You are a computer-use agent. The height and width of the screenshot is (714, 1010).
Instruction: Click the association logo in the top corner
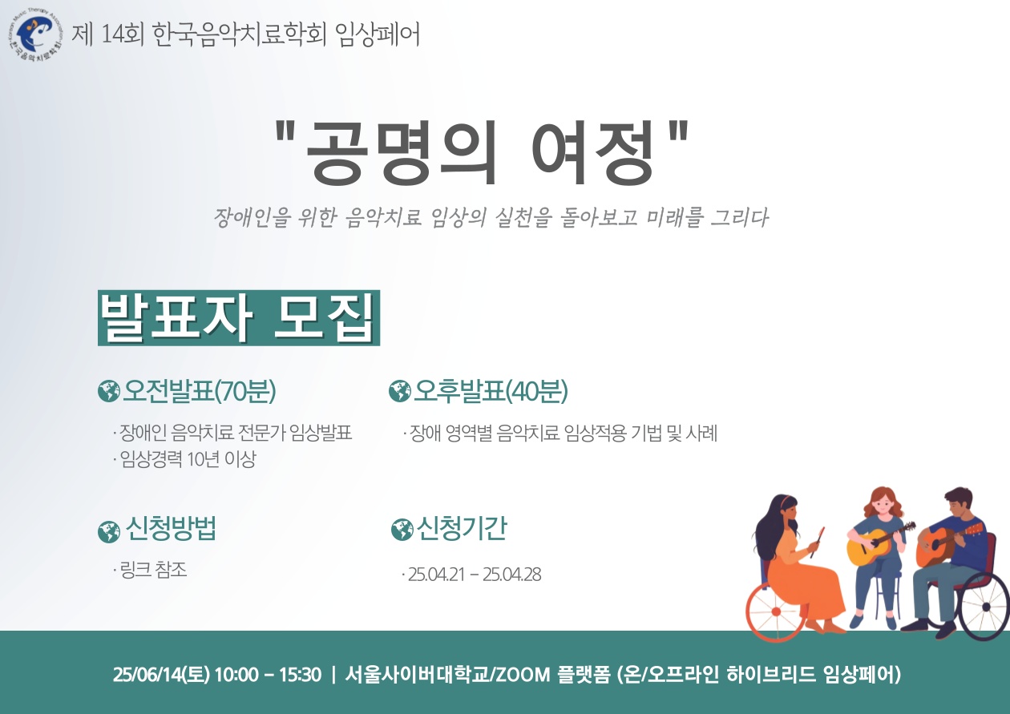pos(35,35)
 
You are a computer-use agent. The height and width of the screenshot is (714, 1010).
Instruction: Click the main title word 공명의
pos(401,152)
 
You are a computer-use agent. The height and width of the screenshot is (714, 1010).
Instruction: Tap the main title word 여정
pos(592,152)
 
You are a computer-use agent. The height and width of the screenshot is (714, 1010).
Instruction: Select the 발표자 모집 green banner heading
pos(239,318)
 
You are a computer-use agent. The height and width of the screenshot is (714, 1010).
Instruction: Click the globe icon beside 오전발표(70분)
pos(109,391)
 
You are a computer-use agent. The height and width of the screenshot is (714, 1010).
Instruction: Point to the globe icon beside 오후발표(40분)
pos(399,391)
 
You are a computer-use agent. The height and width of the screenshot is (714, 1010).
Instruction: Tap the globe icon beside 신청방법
pos(109,531)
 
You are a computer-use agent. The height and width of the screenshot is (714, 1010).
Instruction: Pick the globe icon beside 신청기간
pos(402,529)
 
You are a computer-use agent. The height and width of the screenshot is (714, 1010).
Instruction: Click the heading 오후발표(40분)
pos(491,391)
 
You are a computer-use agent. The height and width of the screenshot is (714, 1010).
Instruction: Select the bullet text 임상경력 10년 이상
pos(188,459)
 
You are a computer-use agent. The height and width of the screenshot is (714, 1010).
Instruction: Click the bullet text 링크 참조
pos(153,570)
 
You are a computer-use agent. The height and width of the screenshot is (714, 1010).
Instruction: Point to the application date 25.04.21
pos(436,575)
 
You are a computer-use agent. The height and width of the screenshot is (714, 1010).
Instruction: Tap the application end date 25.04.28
pos(511,575)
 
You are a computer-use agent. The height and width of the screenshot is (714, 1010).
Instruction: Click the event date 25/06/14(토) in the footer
pos(161,675)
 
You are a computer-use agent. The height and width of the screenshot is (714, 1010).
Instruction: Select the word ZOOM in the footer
pos(523,675)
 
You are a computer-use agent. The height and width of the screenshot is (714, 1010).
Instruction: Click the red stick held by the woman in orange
pos(817,543)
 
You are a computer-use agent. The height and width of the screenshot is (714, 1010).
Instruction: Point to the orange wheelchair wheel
pos(776,611)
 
